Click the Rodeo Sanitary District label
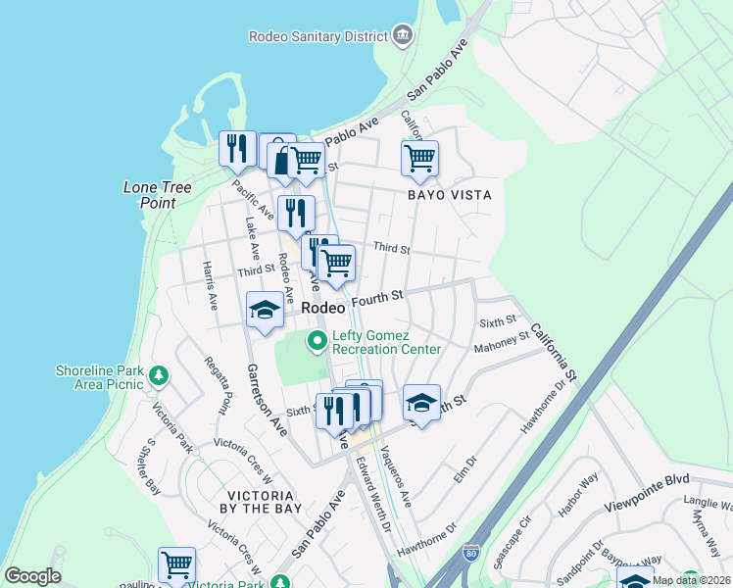pos(318,36)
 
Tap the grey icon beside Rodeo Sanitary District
pos(402,36)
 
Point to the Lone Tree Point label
pos(157,195)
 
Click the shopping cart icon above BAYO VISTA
pos(419,158)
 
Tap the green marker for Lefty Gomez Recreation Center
pos(317,342)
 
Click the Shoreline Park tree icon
pos(157,376)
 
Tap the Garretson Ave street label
pos(266,399)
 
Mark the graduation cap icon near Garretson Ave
pos(264,311)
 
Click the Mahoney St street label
pos(501,341)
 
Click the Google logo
pos(32,576)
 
